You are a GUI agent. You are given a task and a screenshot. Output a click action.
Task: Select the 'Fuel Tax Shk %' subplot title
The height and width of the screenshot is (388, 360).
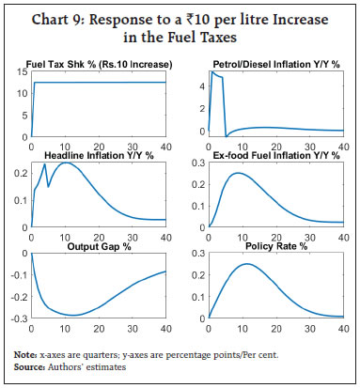tap(97, 64)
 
